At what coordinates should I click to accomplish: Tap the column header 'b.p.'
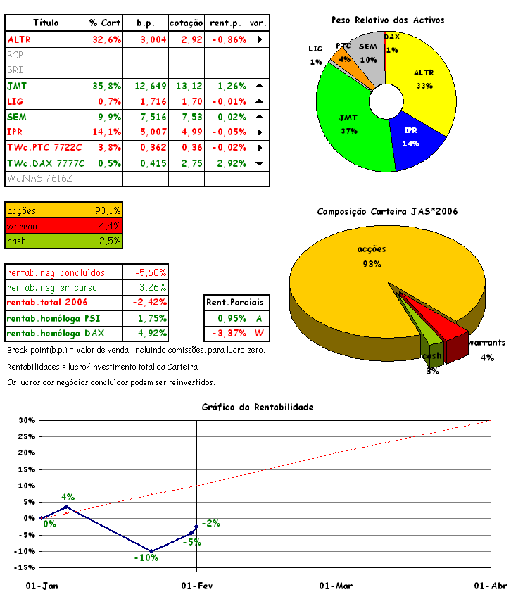(x=146, y=23)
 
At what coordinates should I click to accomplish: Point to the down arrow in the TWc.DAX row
(x=259, y=163)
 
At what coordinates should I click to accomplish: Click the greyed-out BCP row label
(x=15, y=55)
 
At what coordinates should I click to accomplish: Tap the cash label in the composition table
(x=17, y=241)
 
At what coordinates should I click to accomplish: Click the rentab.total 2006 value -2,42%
(x=146, y=303)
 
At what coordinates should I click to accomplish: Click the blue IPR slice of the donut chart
(x=419, y=141)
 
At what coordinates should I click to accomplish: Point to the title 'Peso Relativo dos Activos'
(x=387, y=20)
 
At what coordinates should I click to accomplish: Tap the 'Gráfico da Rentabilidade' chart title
(x=257, y=407)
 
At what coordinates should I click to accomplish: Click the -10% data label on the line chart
(x=146, y=557)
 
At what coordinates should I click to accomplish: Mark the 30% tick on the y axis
(x=26, y=421)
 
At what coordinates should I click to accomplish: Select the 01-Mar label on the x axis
(x=336, y=586)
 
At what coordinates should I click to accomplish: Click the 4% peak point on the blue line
(x=66, y=507)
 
